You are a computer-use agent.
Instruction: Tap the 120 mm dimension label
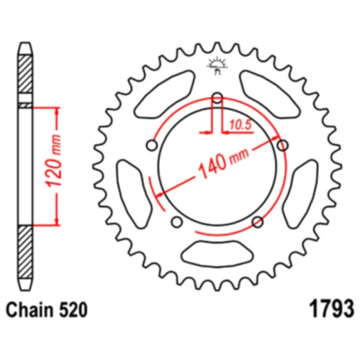[x=53, y=161]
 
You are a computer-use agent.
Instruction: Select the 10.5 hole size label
[x=240, y=125]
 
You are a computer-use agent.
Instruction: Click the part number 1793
[x=331, y=309]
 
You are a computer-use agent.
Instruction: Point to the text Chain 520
[x=46, y=309]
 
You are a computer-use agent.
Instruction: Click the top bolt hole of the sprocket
[x=217, y=98]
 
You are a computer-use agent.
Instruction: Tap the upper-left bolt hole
[x=152, y=145]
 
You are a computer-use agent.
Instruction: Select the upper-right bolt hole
[x=282, y=145]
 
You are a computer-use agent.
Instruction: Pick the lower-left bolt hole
[x=177, y=222]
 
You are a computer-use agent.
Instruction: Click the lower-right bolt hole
[x=258, y=222]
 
